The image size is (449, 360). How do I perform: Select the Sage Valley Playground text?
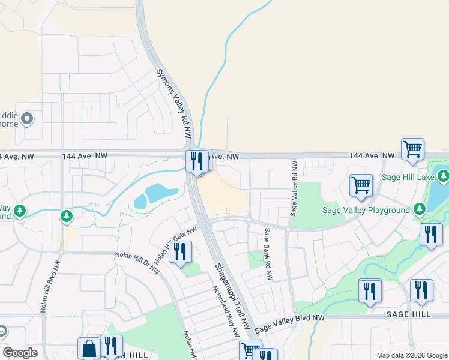(367, 211)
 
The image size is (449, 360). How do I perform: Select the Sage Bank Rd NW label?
(268, 254)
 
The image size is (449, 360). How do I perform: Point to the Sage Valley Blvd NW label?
(289, 324)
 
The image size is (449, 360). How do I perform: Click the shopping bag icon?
(89, 348)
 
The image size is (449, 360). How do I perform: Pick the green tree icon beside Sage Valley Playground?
(420, 209)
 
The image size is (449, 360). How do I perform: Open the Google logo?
(20, 353)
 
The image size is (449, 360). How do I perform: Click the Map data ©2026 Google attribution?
(411, 355)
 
